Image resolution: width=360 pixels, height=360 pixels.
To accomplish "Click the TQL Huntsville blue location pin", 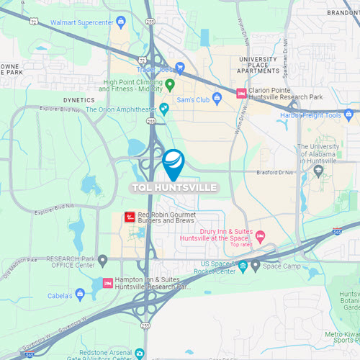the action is click(x=173, y=163).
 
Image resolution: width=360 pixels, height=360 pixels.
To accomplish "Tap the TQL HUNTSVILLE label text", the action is click(x=173, y=188).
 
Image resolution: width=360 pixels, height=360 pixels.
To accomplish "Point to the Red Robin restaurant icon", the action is click(x=130, y=215).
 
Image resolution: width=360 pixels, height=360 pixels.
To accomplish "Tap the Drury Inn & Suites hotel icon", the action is click(x=261, y=235).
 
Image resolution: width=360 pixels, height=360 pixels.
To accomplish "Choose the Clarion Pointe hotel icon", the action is click(x=241, y=93).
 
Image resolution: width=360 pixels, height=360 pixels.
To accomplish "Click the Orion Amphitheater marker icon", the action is click(x=164, y=109).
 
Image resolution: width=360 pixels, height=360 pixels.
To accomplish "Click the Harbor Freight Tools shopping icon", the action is click(x=348, y=114).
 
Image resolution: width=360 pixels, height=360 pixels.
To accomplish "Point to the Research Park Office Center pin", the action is click(x=103, y=260).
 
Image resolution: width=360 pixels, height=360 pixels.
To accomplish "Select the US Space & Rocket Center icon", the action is click(x=243, y=266).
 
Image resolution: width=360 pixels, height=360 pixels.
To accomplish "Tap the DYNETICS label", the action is click(x=79, y=100).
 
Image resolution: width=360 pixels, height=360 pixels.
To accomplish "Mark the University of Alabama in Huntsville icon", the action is click(x=318, y=171).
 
